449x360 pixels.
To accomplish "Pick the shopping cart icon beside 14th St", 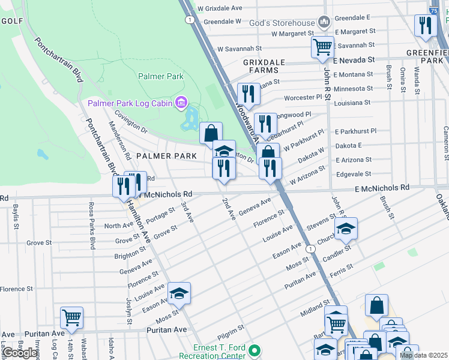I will coord(71,317).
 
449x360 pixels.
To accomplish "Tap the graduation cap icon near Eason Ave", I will coord(179,293).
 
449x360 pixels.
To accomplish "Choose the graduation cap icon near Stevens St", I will coord(346,228).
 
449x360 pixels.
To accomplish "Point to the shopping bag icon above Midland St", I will coord(376,305).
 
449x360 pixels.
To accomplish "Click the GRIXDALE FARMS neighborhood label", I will coord(261,66).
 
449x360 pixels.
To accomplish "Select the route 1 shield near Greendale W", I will coord(190,20).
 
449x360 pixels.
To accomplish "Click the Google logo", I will coord(20,353).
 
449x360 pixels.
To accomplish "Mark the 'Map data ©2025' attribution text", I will coord(423,355).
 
